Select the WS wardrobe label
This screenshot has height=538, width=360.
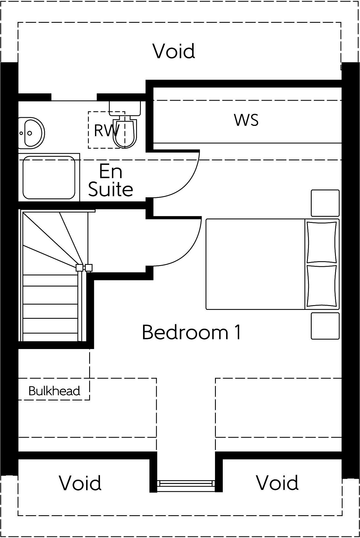246,120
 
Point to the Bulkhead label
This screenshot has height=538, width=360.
54,391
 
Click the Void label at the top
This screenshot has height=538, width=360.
174,51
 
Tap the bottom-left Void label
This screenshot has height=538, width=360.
80,483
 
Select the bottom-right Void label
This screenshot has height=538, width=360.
277,483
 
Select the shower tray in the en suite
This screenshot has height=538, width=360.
49,178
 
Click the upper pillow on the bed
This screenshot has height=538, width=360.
322,242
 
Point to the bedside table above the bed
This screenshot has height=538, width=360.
325,203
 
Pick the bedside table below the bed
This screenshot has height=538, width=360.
325,326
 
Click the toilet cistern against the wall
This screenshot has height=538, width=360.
125,108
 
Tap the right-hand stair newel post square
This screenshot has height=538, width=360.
89,268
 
